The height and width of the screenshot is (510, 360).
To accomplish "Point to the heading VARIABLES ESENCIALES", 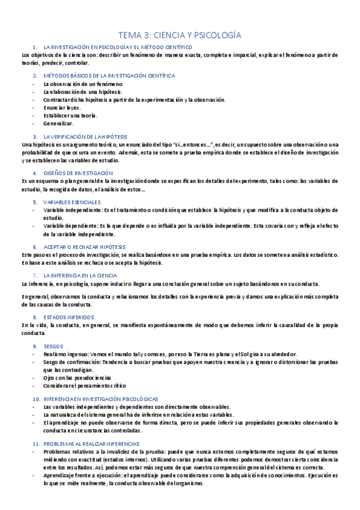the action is [x=72, y=202].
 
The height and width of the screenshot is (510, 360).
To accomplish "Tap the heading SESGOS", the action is [x=53, y=346].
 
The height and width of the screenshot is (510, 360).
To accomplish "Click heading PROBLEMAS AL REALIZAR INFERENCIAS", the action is [x=91, y=443].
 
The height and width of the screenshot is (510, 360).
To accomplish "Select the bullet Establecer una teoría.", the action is [x=70, y=115].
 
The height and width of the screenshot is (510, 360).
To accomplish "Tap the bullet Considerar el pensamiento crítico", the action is [x=84, y=385].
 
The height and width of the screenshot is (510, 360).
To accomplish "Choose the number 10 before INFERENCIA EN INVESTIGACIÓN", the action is [x=35, y=399].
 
